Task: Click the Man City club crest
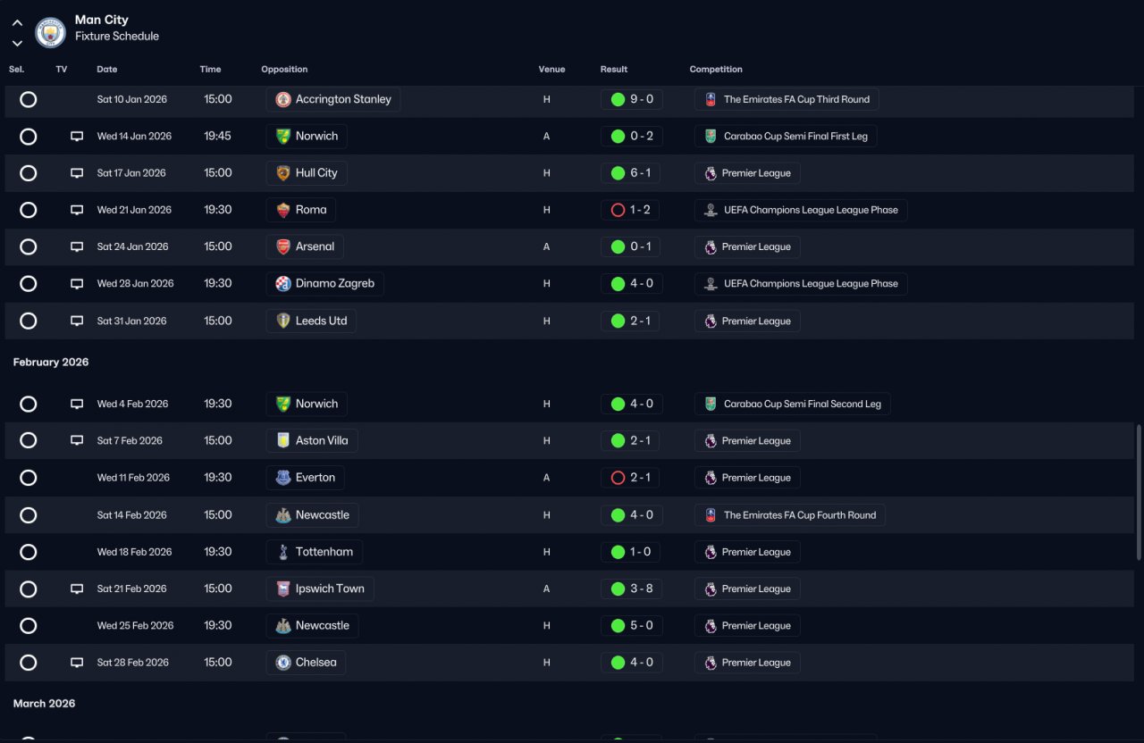pyautogui.click(x=50, y=32)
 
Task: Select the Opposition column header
pyautogui.click(x=284, y=69)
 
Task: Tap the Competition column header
pyautogui.click(x=716, y=69)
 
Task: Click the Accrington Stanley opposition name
pyautogui.click(x=343, y=99)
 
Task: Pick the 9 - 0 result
pyautogui.click(x=642, y=99)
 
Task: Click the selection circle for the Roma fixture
pyautogui.click(x=28, y=210)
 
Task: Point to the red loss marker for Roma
pyautogui.click(x=618, y=210)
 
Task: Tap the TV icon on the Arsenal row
pyautogui.click(x=77, y=247)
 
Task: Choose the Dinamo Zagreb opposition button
pyautogui.click(x=324, y=283)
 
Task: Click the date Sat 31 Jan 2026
pyautogui.click(x=131, y=321)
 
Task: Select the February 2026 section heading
pyautogui.click(x=51, y=362)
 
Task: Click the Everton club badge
pyautogui.click(x=283, y=478)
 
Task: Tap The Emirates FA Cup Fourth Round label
pyautogui.click(x=800, y=515)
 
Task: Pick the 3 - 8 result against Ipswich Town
pyautogui.click(x=642, y=589)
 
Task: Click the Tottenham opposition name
pyautogui.click(x=324, y=552)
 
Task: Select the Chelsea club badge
pyautogui.click(x=283, y=663)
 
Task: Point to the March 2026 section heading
pyautogui.click(x=44, y=703)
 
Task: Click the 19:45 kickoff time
pyautogui.click(x=217, y=136)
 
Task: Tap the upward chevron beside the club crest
pyautogui.click(x=17, y=23)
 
